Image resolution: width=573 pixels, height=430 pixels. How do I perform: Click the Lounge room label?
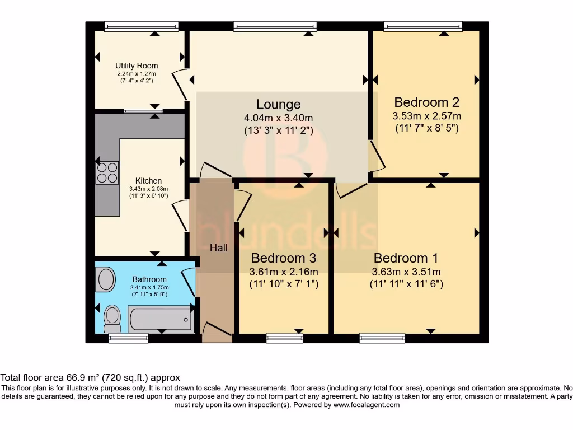[x=278, y=104]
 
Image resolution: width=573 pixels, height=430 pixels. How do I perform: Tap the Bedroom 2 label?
[x=427, y=102]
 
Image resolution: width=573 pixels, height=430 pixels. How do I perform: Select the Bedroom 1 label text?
[x=406, y=258]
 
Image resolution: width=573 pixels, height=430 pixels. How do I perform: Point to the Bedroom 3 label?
[x=284, y=258]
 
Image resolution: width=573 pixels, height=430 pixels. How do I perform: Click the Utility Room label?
[x=137, y=66]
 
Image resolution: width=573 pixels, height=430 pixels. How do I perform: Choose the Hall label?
[x=218, y=247]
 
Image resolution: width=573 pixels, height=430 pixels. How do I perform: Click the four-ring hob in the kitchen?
[x=107, y=172]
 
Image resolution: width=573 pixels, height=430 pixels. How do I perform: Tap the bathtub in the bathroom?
[x=161, y=320]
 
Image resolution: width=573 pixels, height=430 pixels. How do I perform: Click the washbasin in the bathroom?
[x=105, y=279]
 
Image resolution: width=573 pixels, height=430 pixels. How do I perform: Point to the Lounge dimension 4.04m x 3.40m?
[x=278, y=118]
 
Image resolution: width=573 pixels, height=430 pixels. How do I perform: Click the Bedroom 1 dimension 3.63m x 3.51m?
[x=406, y=272]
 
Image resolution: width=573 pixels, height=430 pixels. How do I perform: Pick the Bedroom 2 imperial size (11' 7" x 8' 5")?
[x=427, y=128]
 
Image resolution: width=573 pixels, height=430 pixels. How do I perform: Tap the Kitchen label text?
[x=148, y=181]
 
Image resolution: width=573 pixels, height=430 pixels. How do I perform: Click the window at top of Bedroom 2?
[x=431, y=26]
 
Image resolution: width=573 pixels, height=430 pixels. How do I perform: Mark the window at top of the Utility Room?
[x=141, y=26]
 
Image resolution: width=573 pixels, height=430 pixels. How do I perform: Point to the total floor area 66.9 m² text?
[x=90, y=378]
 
